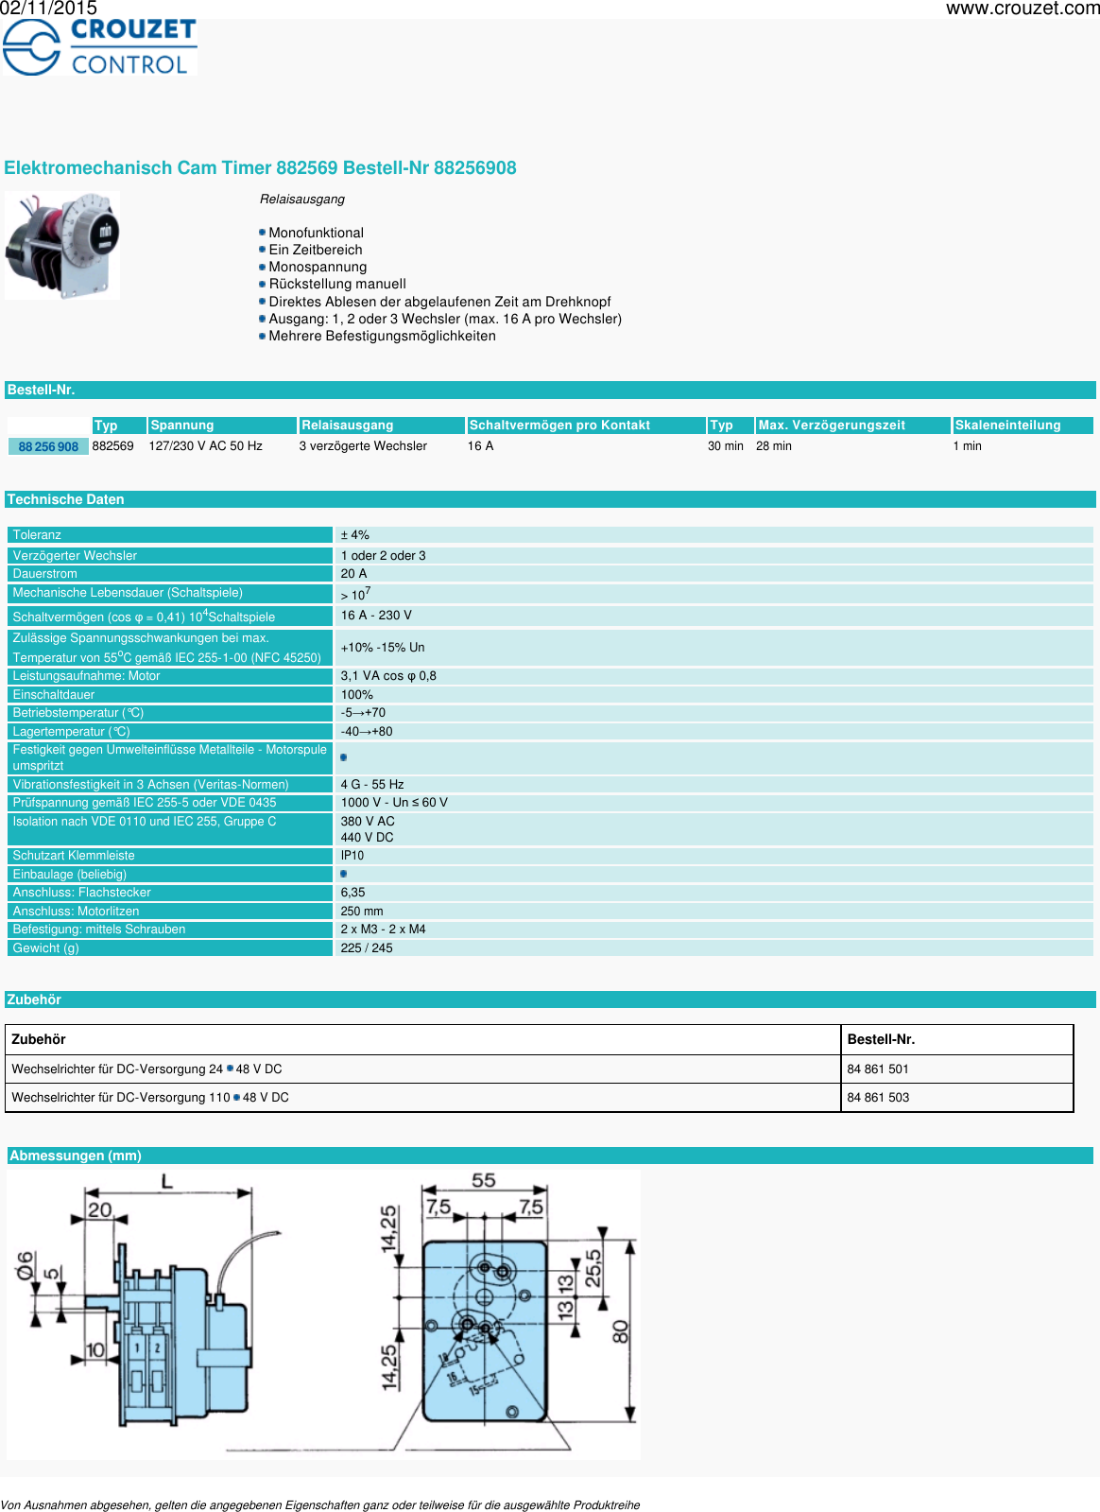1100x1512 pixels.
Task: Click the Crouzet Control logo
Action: click(99, 46)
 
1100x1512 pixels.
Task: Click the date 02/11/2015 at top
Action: click(48, 9)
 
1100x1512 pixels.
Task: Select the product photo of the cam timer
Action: click(62, 246)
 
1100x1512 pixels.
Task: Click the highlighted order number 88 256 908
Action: click(48, 446)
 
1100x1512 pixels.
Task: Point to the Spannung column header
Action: click(182, 426)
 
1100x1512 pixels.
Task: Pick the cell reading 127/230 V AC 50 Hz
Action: click(205, 446)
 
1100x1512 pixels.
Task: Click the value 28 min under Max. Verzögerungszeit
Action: click(773, 446)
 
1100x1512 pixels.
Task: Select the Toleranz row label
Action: click(37, 535)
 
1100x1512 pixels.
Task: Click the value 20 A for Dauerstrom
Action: click(353, 574)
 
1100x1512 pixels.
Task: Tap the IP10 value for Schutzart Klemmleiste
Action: click(352, 856)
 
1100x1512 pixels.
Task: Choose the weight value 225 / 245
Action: click(367, 948)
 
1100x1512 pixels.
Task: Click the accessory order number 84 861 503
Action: click(878, 1098)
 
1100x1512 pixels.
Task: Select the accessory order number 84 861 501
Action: click(878, 1069)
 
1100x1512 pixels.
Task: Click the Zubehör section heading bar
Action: click(34, 999)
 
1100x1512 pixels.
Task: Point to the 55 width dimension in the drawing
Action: click(483, 1180)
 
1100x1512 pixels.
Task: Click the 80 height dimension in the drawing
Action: click(620, 1331)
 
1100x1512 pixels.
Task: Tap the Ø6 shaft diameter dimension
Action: click(26, 1265)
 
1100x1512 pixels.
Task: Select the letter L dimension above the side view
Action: click(167, 1181)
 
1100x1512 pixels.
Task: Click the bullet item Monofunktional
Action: click(316, 233)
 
